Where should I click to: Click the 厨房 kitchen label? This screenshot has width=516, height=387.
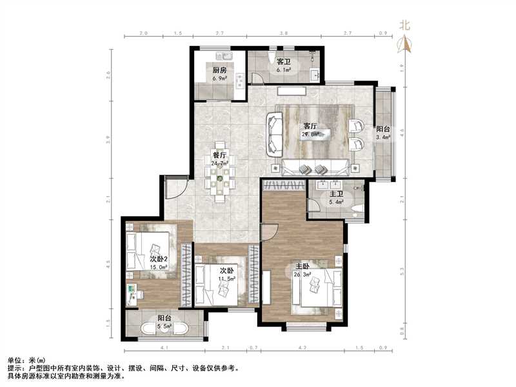tap(219, 70)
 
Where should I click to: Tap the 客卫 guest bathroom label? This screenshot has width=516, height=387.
tap(284, 61)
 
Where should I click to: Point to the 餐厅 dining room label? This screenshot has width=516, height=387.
tap(219, 155)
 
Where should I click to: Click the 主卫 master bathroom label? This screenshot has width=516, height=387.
tap(336, 193)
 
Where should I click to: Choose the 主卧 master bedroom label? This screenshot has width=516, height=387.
tap(303, 266)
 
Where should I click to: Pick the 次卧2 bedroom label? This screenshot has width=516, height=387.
tap(159, 259)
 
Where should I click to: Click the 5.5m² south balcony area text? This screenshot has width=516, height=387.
tap(164, 328)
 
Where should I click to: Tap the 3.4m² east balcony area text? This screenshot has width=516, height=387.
tap(383, 137)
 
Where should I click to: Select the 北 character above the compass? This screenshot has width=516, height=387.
tap(405, 26)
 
